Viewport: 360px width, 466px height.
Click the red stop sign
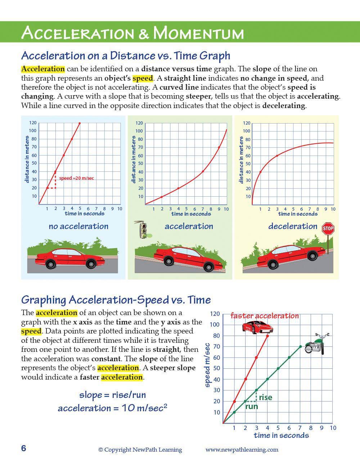click(328, 228)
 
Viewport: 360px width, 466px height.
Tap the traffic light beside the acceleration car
click(144, 230)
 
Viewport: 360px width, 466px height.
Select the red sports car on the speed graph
click(257, 327)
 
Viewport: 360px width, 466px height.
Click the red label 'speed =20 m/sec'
click(77, 178)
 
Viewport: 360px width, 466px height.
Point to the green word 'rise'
click(265, 397)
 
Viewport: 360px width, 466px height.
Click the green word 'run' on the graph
click(251, 407)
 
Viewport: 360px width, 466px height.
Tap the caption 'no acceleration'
click(78, 226)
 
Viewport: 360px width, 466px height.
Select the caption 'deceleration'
click(293, 226)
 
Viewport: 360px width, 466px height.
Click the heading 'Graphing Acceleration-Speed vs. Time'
click(116, 300)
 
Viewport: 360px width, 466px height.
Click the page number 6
click(24, 448)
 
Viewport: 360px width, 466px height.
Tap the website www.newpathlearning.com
click(242, 449)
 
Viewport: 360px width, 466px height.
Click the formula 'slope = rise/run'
click(112, 395)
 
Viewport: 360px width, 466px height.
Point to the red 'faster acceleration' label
click(265, 316)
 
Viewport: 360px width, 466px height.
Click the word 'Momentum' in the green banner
click(198, 33)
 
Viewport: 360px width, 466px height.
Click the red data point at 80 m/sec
click(267, 336)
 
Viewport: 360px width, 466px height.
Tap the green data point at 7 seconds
click(300, 347)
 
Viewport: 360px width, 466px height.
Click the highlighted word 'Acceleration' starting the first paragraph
click(43, 69)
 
